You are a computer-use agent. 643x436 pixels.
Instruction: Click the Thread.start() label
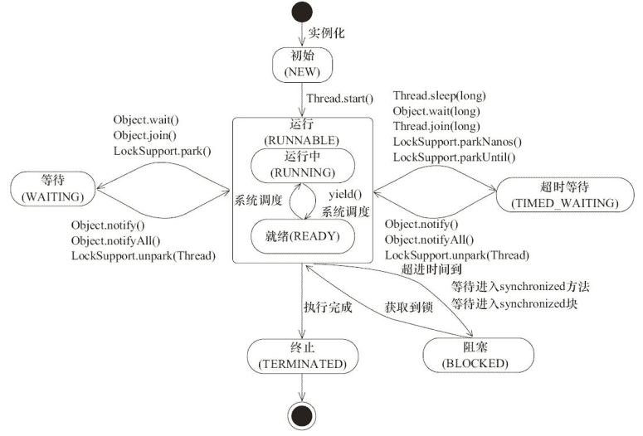(x=340, y=99)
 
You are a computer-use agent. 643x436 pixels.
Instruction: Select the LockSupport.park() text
(x=163, y=150)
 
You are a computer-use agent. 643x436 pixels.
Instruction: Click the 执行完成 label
(x=329, y=307)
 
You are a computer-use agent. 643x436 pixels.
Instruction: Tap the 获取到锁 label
(x=408, y=307)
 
